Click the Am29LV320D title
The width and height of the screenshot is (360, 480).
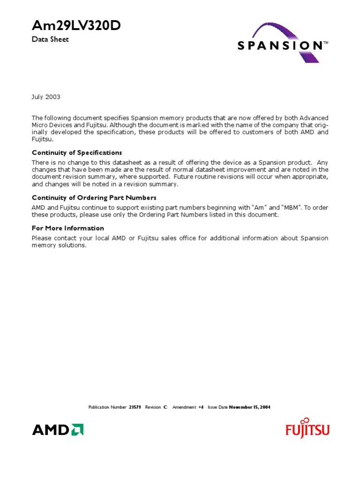[x=76, y=27]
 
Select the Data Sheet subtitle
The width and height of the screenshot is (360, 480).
[x=50, y=39]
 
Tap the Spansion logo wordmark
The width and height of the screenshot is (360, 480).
[x=279, y=45]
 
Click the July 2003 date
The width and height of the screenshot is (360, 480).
[x=46, y=97]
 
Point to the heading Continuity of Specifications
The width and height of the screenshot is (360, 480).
[x=77, y=153]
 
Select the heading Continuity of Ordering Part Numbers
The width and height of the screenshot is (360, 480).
[x=94, y=198]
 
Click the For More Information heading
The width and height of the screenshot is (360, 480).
[x=68, y=228]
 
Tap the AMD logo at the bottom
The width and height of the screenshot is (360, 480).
[x=58, y=429]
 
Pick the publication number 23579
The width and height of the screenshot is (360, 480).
[x=135, y=407]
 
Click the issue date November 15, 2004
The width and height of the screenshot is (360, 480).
[x=249, y=407]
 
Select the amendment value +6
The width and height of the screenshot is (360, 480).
[x=201, y=407]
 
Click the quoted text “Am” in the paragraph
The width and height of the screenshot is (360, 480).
[x=259, y=207]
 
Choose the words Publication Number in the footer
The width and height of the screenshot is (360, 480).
[x=107, y=407]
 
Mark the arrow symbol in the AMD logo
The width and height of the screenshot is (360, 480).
[x=77, y=429]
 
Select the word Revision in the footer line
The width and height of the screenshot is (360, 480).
[x=153, y=407]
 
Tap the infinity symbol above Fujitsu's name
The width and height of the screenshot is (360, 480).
[x=306, y=420]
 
